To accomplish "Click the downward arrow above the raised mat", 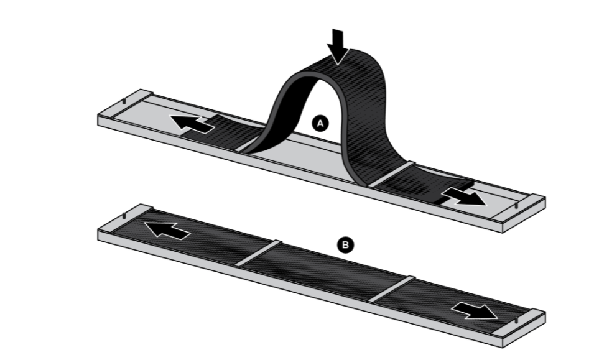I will pyautogui.click(x=338, y=45).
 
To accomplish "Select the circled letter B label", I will pyautogui.click(x=346, y=246).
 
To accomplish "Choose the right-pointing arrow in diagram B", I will pyautogui.click(x=475, y=308).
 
